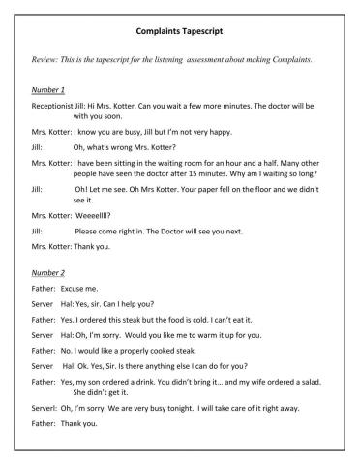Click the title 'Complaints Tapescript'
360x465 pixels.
click(x=179, y=31)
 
